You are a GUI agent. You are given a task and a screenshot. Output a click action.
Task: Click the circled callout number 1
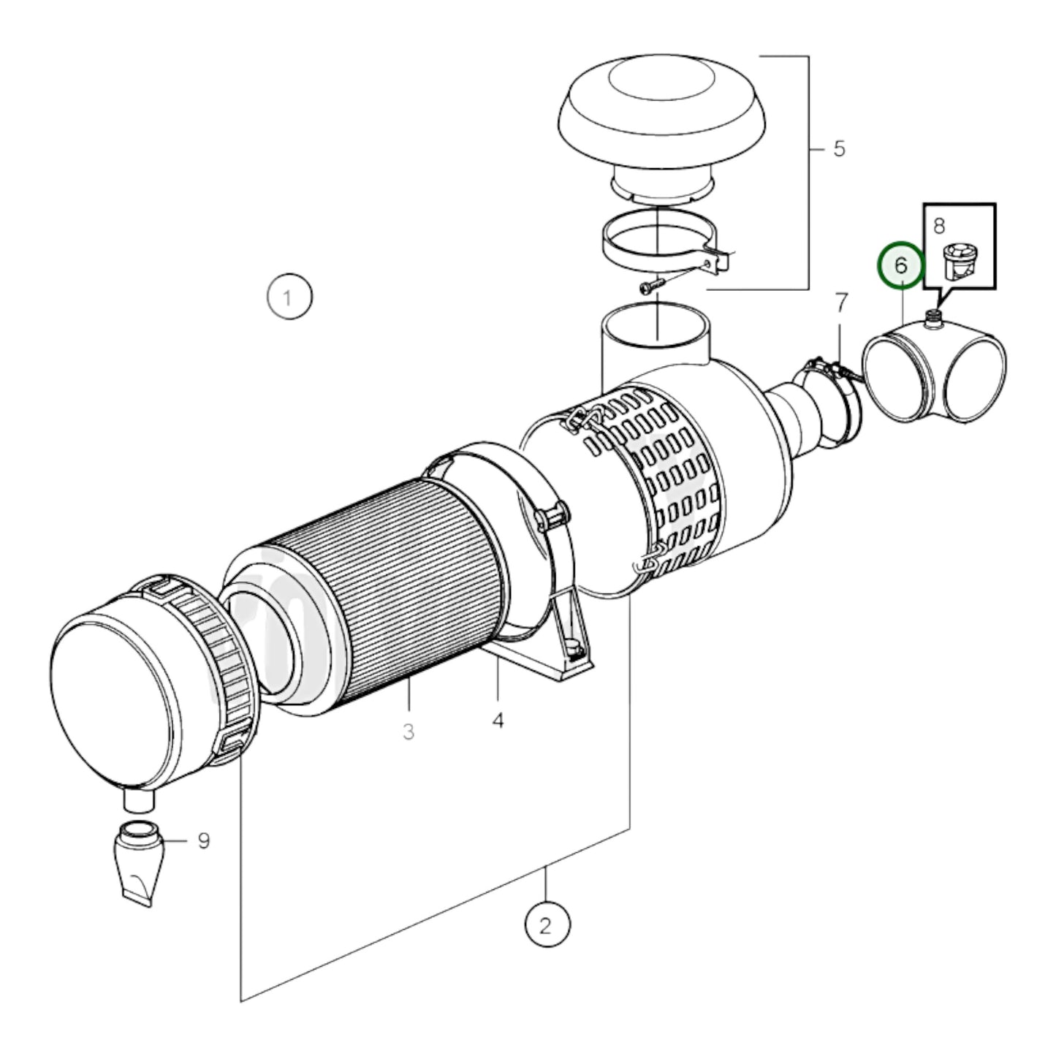click(x=289, y=297)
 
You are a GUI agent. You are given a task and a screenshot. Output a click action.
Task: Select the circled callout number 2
click(x=547, y=926)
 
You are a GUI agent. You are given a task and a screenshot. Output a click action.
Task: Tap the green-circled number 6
click(x=901, y=265)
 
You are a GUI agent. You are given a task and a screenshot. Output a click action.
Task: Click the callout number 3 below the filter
click(x=409, y=730)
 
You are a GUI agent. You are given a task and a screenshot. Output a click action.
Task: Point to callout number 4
click(x=498, y=721)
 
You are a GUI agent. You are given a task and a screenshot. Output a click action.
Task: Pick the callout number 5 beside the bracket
click(x=839, y=149)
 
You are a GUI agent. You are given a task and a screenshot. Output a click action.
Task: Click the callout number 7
click(x=841, y=301)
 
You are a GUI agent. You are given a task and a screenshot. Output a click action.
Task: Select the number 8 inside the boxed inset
click(x=939, y=225)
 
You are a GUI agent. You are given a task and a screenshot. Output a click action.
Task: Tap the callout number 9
click(x=203, y=841)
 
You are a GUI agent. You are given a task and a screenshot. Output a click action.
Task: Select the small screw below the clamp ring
click(x=653, y=286)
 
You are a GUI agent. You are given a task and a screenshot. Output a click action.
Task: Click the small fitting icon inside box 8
click(x=959, y=262)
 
